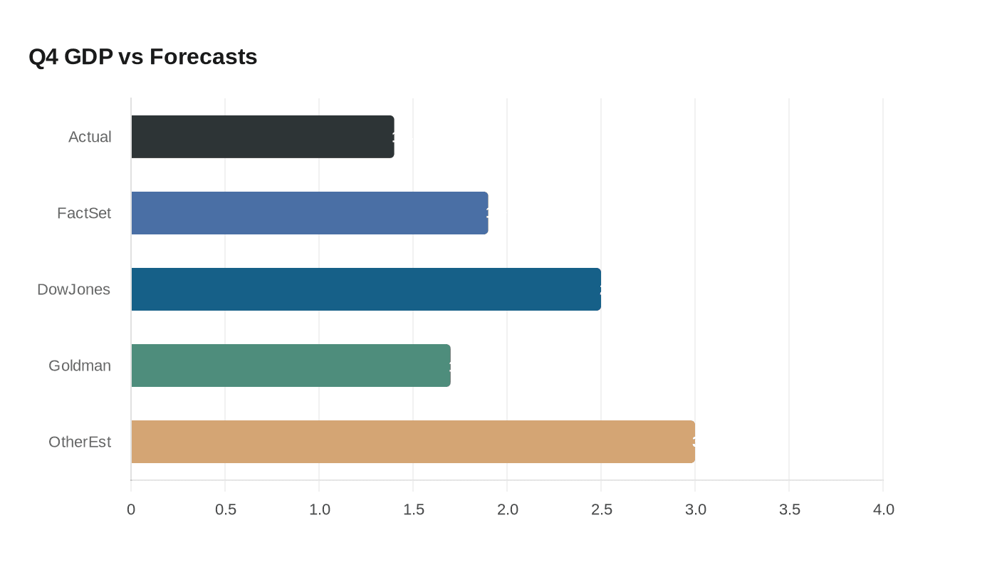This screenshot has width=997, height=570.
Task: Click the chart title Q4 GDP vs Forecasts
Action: [x=142, y=56]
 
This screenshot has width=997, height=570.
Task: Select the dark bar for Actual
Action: [x=262, y=137]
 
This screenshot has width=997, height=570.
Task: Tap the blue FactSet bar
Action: [x=309, y=213]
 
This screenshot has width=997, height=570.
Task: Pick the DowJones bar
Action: [x=365, y=289]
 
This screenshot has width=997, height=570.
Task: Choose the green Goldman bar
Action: [x=291, y=366]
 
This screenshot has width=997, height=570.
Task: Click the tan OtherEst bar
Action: [x=412, y=442]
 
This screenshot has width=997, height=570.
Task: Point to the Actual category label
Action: [x=90, y=137]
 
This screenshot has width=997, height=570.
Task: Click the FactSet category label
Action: [x=84, y=213]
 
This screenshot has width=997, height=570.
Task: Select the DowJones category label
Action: [x=74, y=289]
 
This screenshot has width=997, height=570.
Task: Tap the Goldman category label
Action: [x=80, y=366]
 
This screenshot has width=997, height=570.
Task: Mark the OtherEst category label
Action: [x=80, y=442]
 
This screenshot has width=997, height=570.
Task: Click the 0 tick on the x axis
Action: [x=131, y=509]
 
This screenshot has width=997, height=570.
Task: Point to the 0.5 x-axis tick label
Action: [x=225, y=509]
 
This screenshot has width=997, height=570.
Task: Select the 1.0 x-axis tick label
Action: [x=319, y=509]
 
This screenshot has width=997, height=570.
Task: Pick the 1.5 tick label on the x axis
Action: [x=413, y=509]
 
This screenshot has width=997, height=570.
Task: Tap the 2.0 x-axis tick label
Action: [x=507, y=509]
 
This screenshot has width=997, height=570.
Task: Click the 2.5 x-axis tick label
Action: [x=601, y=509]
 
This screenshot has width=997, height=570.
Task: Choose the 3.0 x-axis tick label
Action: [x=695, y=509]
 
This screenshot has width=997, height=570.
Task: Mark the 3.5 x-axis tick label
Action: [x=789, y=509]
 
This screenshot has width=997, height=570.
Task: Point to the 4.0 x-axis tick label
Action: [x=883, y=509]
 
